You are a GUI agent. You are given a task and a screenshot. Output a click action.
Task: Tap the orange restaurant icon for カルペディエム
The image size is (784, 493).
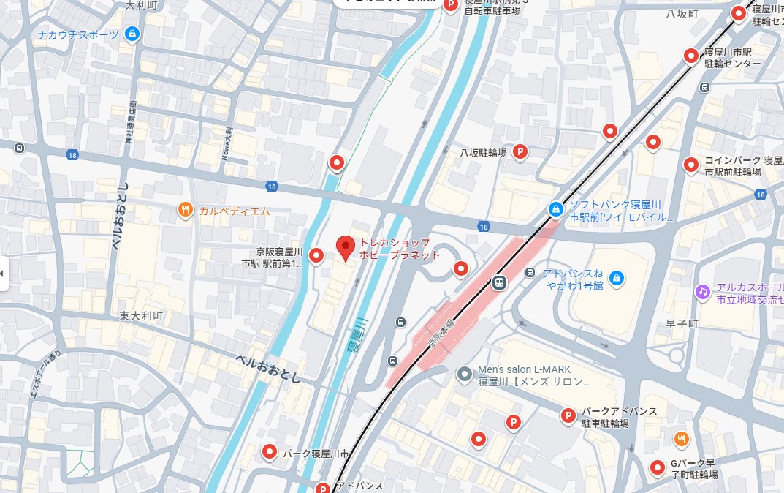click(x=186, y=211)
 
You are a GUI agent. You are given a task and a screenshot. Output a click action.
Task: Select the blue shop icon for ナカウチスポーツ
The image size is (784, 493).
click(x=132, y=34)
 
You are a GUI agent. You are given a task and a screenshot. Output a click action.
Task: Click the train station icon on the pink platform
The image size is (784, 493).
click(x=500, y=282)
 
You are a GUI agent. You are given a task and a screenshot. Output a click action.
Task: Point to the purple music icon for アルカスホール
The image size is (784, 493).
click(x=702, y=290)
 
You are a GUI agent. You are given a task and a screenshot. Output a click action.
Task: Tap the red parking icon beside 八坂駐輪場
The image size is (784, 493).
click(x=520, y=152)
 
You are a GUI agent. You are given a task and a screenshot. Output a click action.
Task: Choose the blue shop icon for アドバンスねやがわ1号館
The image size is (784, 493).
click(x=616, y=278)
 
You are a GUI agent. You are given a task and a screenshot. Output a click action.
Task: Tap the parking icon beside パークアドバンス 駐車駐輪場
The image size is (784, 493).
click(x=568, y=416)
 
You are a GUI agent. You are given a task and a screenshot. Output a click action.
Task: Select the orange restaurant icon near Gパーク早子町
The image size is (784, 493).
click(x=682, y=439)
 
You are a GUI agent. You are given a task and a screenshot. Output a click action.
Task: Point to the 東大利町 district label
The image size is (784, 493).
click(x=142, y=316)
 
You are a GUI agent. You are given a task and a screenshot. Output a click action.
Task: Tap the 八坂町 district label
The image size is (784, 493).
click(x=682, y=14)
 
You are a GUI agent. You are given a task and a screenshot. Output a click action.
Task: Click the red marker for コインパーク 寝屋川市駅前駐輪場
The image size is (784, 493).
click(x=690, y=165)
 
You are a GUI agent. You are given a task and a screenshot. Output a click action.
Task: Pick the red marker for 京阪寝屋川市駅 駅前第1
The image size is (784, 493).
click(x=316, y=255)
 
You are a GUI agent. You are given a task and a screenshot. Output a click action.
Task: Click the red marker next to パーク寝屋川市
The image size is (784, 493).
click(x=269, y=453)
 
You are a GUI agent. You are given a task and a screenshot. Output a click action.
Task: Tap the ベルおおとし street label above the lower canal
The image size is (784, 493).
click(x=269, y=368)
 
